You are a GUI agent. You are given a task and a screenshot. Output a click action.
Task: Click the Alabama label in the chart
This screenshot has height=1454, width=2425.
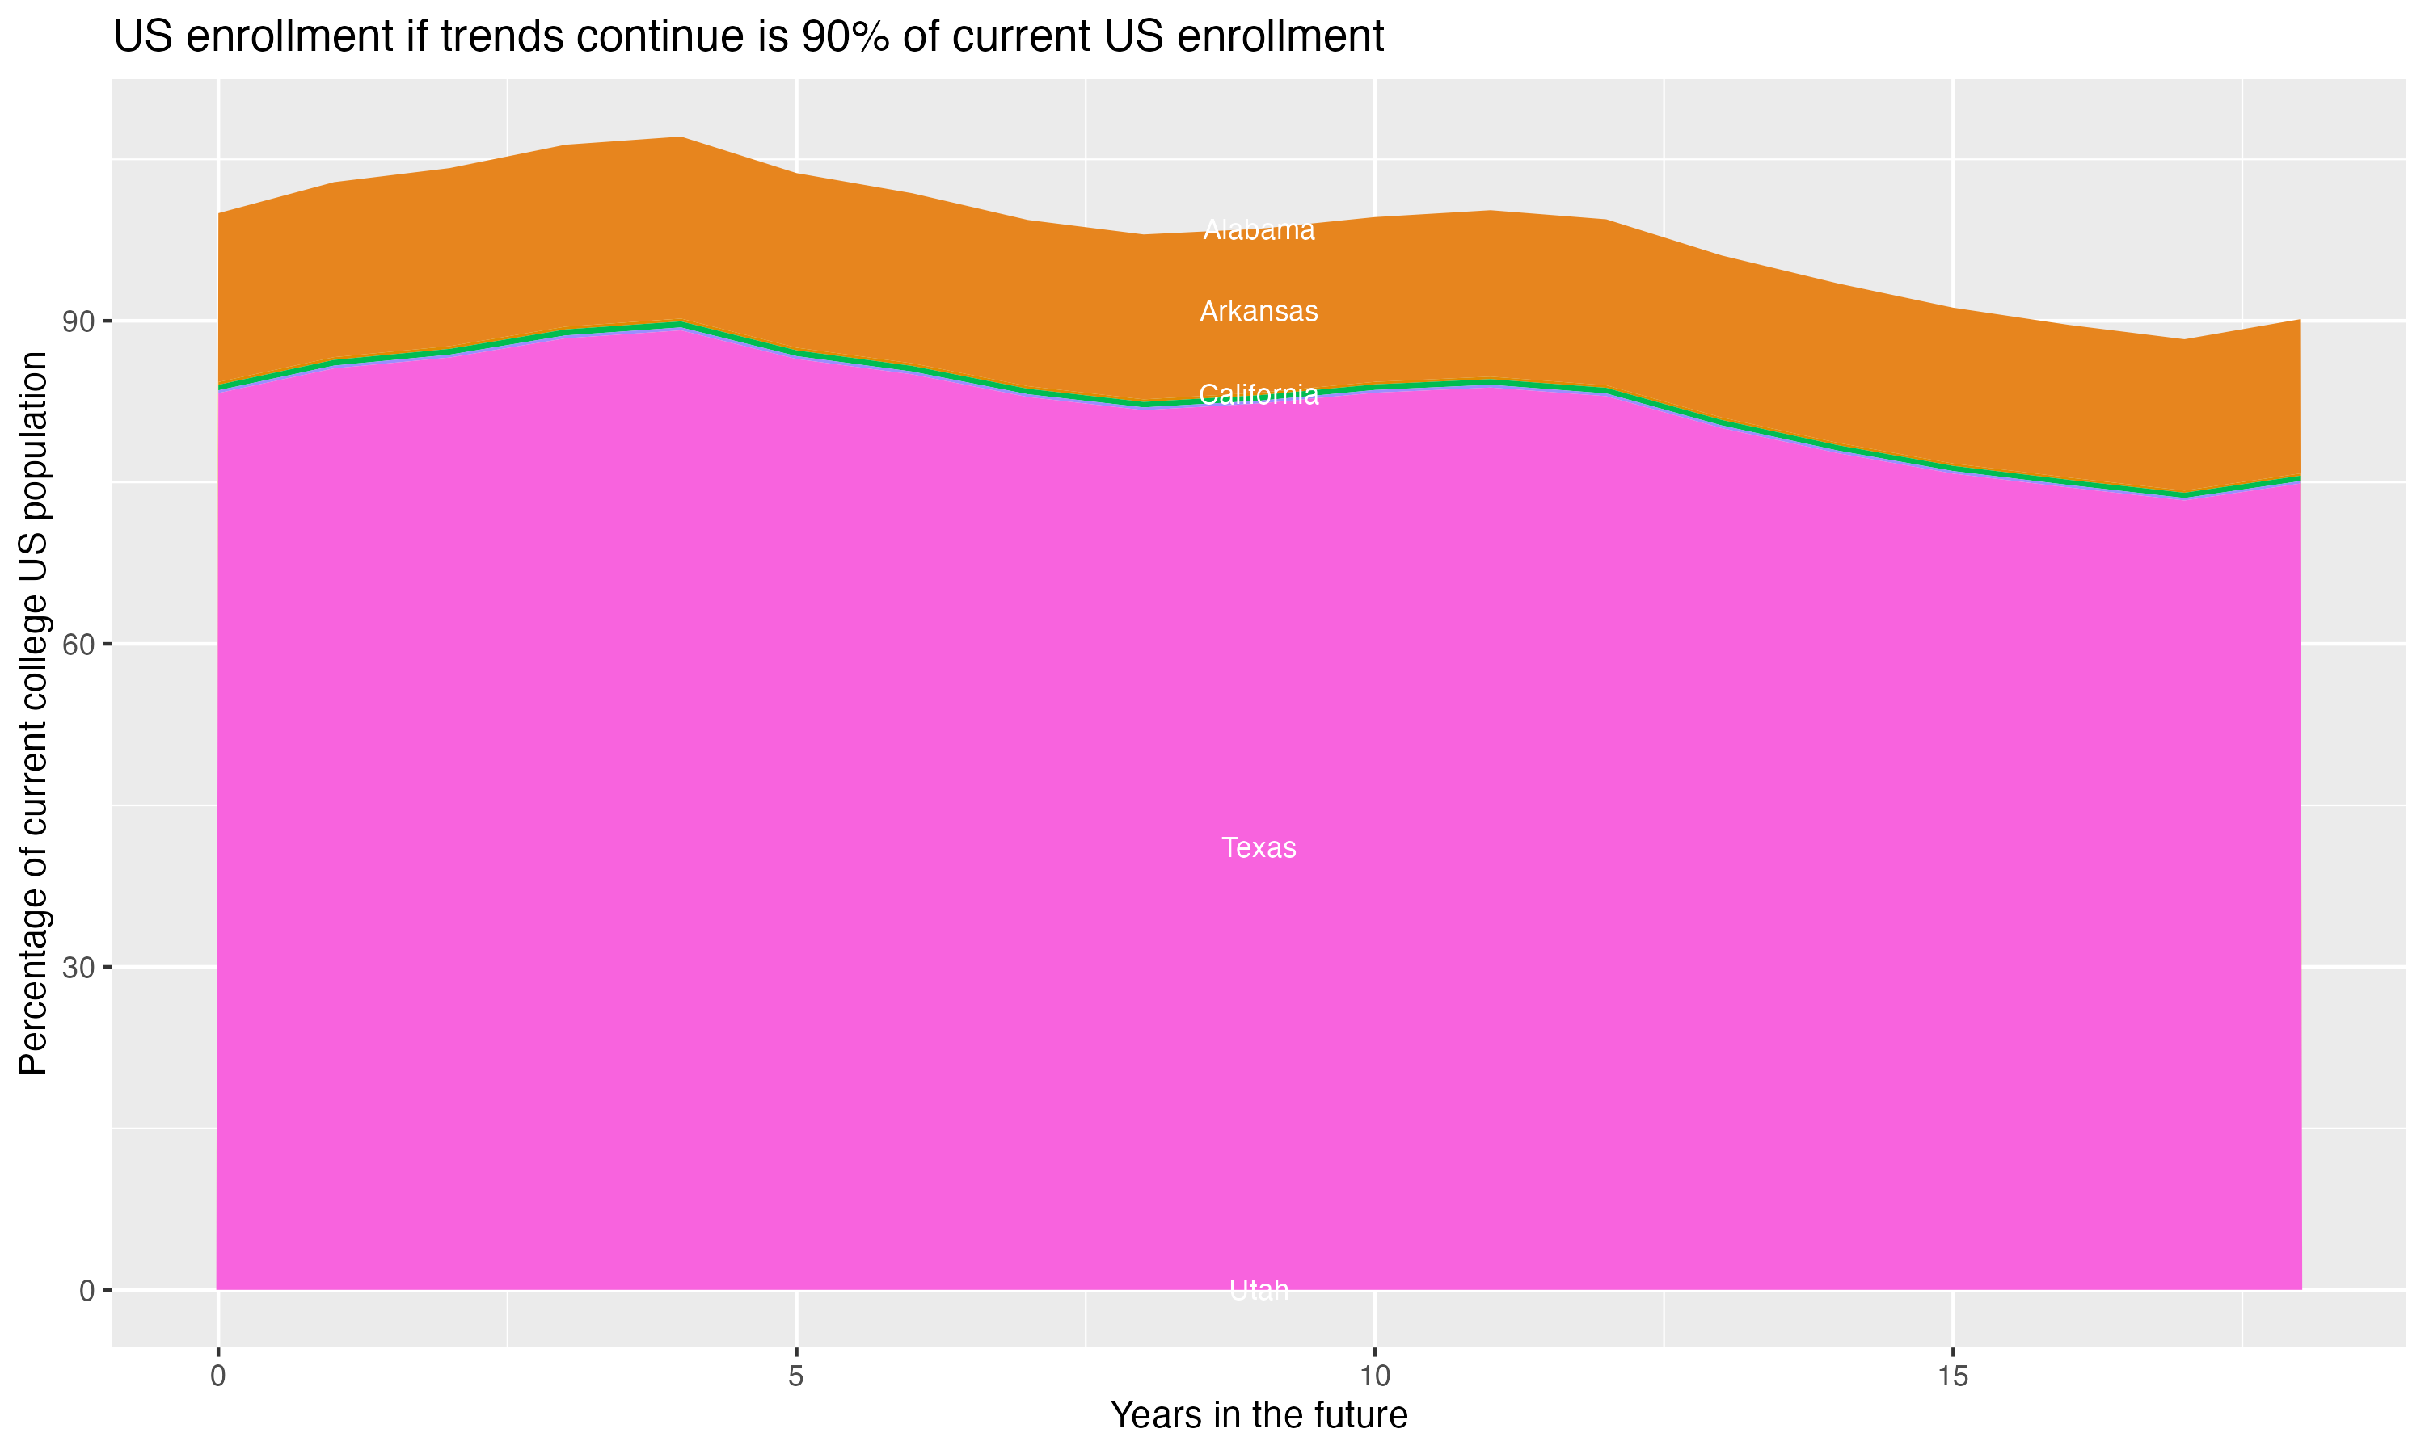[1259, 230]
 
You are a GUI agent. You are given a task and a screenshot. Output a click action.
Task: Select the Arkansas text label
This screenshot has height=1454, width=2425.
[1259, 312]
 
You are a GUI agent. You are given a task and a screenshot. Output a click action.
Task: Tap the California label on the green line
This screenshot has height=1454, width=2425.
[1259, 395]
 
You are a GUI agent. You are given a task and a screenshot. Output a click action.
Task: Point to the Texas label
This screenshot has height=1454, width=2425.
[1259, 847]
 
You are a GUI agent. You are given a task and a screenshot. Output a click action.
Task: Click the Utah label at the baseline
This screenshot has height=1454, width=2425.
[1259, 1290]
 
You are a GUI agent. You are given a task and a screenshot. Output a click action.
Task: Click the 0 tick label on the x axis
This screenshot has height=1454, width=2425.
[217, 1376]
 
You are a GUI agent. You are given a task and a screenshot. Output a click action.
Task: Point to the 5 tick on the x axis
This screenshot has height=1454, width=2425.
[796, 1376]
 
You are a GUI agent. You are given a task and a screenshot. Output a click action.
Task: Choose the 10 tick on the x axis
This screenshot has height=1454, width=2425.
[1375, 1376]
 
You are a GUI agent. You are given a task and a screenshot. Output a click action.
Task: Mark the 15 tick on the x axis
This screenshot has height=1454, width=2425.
[1953, 1376]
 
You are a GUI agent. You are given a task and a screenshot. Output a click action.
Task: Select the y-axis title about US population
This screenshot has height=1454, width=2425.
[33, 713]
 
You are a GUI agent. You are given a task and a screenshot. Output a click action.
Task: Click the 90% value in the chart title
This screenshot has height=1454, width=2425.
[843, 37]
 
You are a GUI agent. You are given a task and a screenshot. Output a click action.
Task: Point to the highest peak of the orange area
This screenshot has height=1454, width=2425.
[681, 138]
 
